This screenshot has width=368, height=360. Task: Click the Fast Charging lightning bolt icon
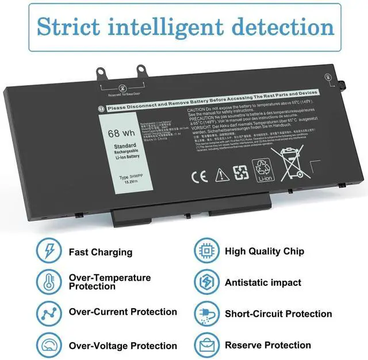point(49,251)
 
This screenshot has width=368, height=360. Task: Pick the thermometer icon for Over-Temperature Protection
point(49,282)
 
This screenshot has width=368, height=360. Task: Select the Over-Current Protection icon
point(49,313)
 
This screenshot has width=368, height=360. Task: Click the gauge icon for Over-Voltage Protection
point(49,344)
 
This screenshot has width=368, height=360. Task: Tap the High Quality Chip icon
point(206,251)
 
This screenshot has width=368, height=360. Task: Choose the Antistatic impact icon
point(206,282)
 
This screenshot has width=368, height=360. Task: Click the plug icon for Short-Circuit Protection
point(206,313)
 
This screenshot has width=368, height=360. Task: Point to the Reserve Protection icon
point(206,344)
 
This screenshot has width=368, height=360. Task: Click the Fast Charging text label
point(101,252)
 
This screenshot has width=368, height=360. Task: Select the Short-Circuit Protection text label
point(278,313)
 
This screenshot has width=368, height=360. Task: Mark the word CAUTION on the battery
point(197,109)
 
